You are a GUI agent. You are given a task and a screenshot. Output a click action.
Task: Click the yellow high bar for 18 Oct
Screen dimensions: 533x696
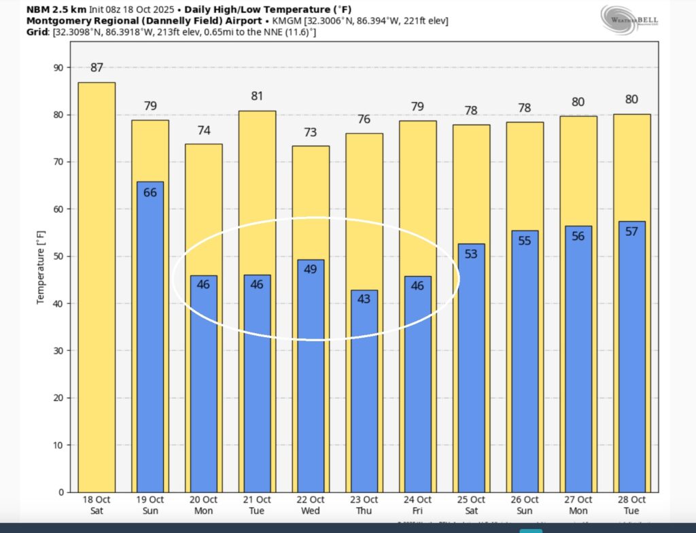click(97, 286)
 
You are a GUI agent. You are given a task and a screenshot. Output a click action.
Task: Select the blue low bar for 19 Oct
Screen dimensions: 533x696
click(150, 340)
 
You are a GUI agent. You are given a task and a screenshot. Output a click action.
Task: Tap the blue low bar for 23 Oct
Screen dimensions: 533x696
click(364, 394)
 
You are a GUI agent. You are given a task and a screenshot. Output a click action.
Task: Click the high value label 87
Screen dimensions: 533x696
click(97, 68)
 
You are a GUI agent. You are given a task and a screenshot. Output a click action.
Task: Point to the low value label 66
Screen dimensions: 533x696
click(150, 192)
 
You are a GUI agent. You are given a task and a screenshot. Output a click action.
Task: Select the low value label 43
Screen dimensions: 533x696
click(364, 298)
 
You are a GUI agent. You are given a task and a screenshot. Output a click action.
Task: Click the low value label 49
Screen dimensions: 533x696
click(311, 269)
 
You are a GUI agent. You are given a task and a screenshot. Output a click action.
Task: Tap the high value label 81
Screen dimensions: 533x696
click(257, 97)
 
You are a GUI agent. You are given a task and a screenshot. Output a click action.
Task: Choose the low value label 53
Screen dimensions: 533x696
click(470, 254)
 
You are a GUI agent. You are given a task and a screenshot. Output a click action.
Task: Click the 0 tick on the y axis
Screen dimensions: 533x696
click(61, 492)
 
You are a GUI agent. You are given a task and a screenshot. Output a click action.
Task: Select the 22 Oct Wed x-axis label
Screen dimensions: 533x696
click(311, 504)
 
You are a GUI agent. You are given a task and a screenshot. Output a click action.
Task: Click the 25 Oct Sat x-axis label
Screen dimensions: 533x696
click(470, 504)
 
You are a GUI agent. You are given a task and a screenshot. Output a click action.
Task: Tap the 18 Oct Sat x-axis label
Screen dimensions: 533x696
click(97, 504)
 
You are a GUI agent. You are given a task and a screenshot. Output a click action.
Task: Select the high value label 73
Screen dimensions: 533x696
click(311, 133)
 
